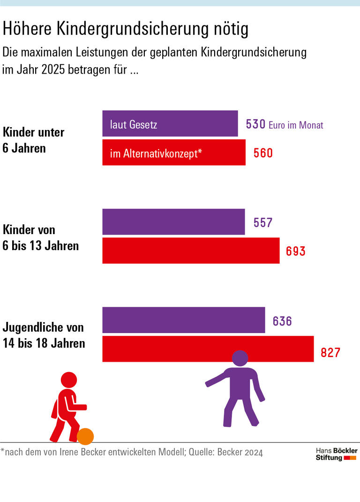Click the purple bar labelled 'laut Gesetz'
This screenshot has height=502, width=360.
point(170,124)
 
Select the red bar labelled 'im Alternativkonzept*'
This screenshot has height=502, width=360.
point(173,152)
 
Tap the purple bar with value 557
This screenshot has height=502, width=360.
point(173,222)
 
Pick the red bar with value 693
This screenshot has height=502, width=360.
point(191,251)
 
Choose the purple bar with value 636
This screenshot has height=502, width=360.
point(183,320)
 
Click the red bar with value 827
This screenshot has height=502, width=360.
point(208,349)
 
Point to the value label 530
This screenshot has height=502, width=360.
point(255,124)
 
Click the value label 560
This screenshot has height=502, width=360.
point(263,153)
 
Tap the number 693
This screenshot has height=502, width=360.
point(295,251)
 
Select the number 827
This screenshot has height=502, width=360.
point(330,352)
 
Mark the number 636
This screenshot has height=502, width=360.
point(282,321)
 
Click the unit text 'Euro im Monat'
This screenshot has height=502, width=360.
point(296,125)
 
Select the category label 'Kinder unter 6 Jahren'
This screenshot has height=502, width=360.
point(33,140)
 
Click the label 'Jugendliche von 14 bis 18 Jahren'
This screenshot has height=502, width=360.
point(44,335)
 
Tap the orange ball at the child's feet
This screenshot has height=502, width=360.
point(85,436)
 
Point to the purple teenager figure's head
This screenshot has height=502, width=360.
point(240,358)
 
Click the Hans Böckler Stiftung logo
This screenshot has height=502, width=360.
point(336,454)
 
